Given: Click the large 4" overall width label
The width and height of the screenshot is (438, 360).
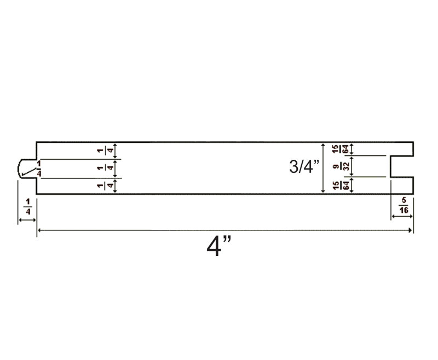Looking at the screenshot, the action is click(x=218, y=246).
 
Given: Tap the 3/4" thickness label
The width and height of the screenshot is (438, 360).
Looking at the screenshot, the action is click(x=304, y=166).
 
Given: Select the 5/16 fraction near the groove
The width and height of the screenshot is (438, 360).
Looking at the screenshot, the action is click(x=404, y=205).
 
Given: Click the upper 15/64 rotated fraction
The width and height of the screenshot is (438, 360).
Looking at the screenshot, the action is click(x=341, y=149).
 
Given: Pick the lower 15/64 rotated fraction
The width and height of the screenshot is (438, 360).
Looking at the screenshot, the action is click(x=341, y=185).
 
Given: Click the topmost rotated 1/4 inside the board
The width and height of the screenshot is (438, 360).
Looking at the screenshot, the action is click(x=106, y=151).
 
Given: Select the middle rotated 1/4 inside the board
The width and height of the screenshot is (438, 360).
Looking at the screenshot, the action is click(x=106, y=169).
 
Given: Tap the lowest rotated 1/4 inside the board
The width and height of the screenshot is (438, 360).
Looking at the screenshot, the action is click(x=106, y=185).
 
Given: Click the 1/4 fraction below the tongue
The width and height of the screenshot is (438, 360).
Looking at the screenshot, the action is click(x=28, y=206).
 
